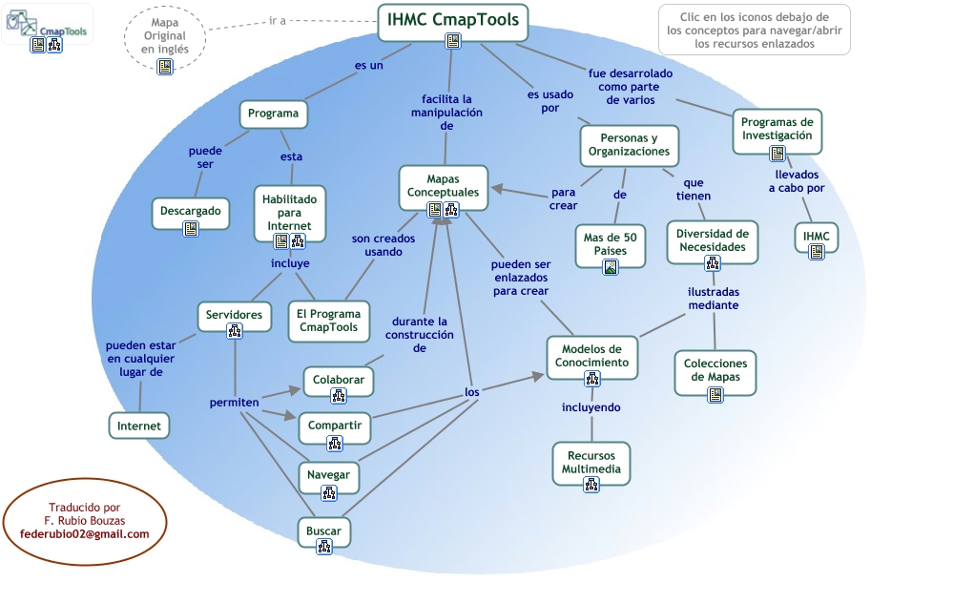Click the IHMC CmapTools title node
453,23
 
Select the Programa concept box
274,114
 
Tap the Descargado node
191,214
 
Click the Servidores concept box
234,317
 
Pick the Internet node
139,426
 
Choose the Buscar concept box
323,532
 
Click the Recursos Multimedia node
591,464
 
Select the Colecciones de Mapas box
715,373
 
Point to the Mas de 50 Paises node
610,246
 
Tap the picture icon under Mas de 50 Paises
611,268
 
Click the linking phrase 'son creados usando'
383,245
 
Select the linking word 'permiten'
234,403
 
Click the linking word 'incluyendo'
591,407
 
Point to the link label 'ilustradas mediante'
714,299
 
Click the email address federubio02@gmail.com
85,534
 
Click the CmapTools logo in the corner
47,24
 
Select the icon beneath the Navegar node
328,493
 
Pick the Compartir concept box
335,427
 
